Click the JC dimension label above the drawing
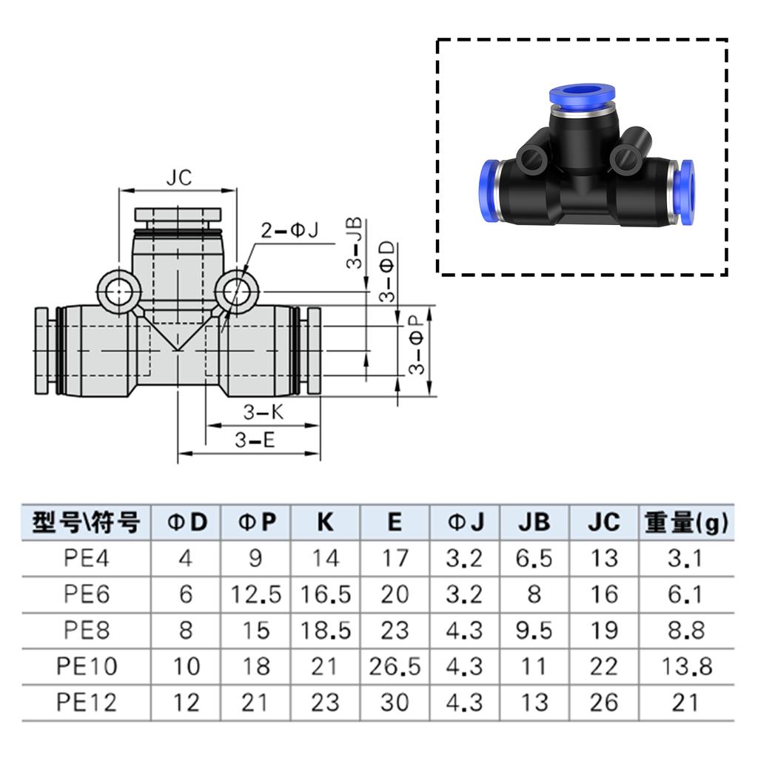(x=178, y=178)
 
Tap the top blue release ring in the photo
(x=582, y=95)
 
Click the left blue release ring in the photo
(x=487, y=191)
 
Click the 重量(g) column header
(x=685, y=523)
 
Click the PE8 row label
(x=87, y=630)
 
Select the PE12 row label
(x=87, y=702)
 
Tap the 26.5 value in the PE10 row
(x=394, y=666)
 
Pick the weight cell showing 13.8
(x=685, y=666)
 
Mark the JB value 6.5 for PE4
(x=534, y=558)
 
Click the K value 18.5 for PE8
(x=325, y=630)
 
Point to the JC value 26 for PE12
(x=603, y=702)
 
